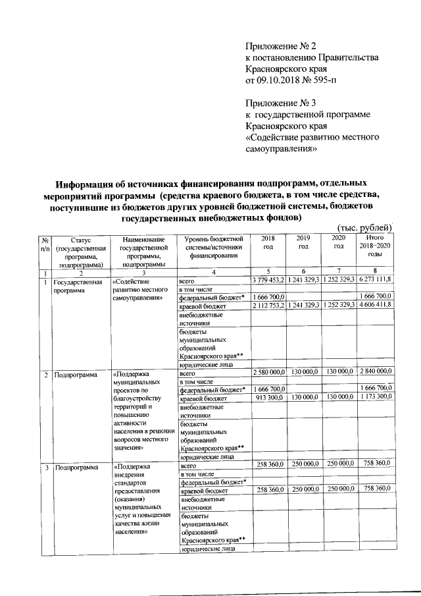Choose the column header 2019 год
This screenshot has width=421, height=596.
coord(303,242)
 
